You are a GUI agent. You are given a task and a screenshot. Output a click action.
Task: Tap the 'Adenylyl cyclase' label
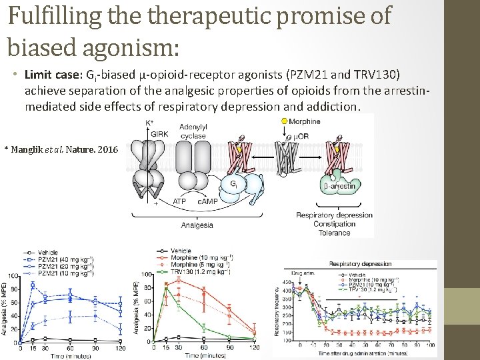[193, 131]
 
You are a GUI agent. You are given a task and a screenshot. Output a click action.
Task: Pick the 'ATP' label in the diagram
[179, 201]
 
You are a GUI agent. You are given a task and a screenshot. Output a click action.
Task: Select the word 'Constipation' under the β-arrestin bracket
[335, 225]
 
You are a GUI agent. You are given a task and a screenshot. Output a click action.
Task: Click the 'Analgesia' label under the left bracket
[197, 225]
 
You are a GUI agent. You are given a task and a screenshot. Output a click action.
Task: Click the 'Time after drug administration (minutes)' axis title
[360, 353]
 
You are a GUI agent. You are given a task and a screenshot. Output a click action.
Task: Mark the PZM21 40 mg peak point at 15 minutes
[33, 285]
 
